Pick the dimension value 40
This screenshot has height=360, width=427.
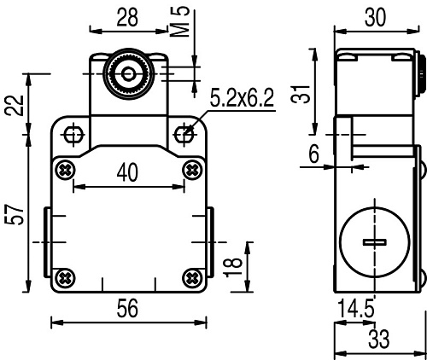coord(126,172)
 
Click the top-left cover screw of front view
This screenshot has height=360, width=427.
coord(63,169)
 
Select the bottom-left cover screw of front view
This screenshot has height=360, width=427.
coord(63,276)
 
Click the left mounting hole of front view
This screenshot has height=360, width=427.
coord(73,134)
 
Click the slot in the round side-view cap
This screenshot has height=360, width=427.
coord(374,243)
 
